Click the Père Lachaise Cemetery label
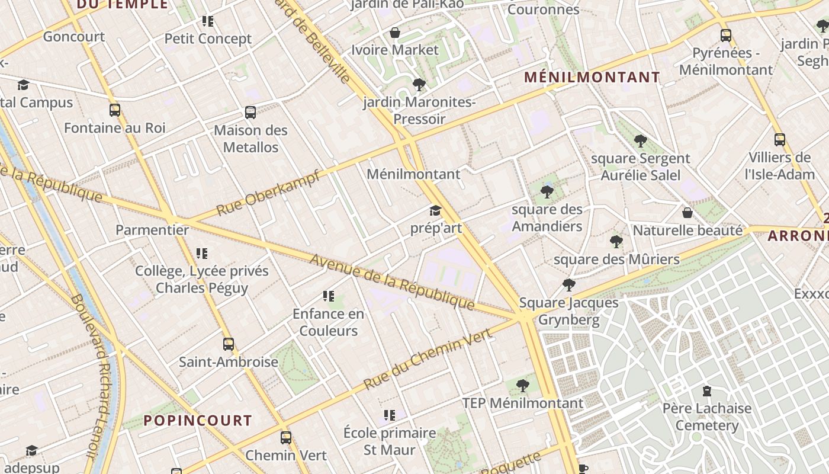706,417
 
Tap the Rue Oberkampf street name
268,193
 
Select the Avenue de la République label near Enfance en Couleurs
391,282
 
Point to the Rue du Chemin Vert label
428,359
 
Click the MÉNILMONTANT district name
592,78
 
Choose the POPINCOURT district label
198,421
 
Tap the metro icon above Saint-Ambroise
229,344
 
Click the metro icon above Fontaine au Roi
115,110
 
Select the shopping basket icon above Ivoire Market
395,33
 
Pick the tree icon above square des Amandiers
547,192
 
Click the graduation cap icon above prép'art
435,211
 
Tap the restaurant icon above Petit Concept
207,22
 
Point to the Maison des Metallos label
250,139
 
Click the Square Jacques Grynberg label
568,312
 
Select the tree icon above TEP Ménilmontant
522,386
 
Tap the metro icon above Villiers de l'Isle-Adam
780,140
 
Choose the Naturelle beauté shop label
687,230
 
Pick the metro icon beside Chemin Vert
286,438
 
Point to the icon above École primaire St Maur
389,416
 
